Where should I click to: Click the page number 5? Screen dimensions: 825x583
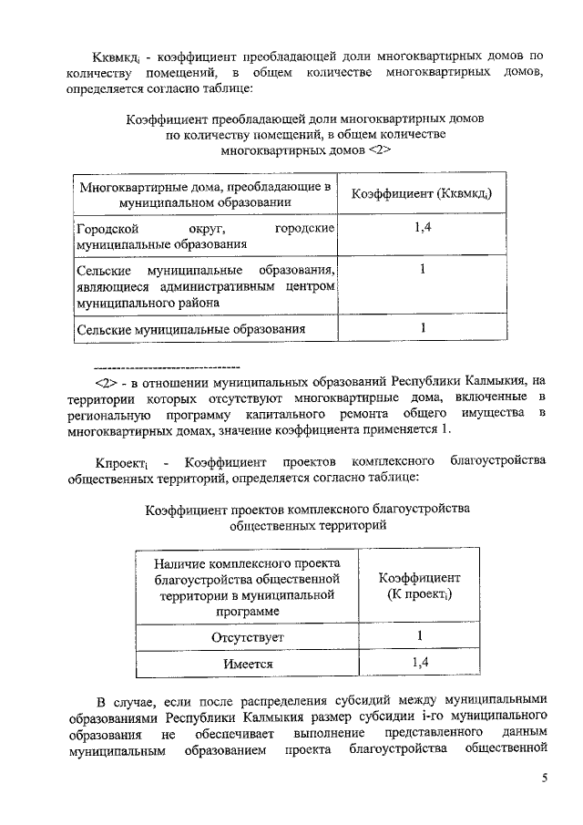[x=545, y=778]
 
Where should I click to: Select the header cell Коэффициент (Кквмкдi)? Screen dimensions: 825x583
[x=421, y=194]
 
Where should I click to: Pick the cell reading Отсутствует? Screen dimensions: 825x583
[x=248, y=635]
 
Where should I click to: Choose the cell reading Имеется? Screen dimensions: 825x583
[x=248, y=665]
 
